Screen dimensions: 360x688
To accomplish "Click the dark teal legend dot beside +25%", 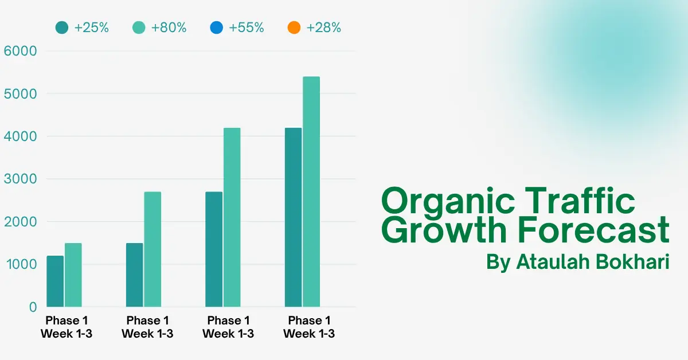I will pos(62,28).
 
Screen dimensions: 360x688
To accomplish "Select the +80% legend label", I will pos(169,28).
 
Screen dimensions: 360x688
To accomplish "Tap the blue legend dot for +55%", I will pos(217,28).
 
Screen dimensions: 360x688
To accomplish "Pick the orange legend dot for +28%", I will pos(294,28).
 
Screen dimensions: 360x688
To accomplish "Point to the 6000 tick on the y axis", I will pos(21,51).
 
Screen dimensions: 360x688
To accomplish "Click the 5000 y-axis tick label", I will pos(21,93).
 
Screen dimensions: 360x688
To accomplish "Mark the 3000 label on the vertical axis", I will pos(21,179).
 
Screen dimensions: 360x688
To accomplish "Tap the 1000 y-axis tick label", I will pos(21,264).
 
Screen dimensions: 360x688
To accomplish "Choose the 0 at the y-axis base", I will pos(33,307).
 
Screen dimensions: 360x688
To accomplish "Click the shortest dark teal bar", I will pos(55,281).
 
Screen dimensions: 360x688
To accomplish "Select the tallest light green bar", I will pos(311,192).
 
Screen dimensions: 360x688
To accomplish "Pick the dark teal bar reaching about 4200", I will pos(293,217).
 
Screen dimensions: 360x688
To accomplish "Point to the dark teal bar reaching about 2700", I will pos(214,249).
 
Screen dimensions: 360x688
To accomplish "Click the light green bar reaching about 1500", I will pos(73,275).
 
